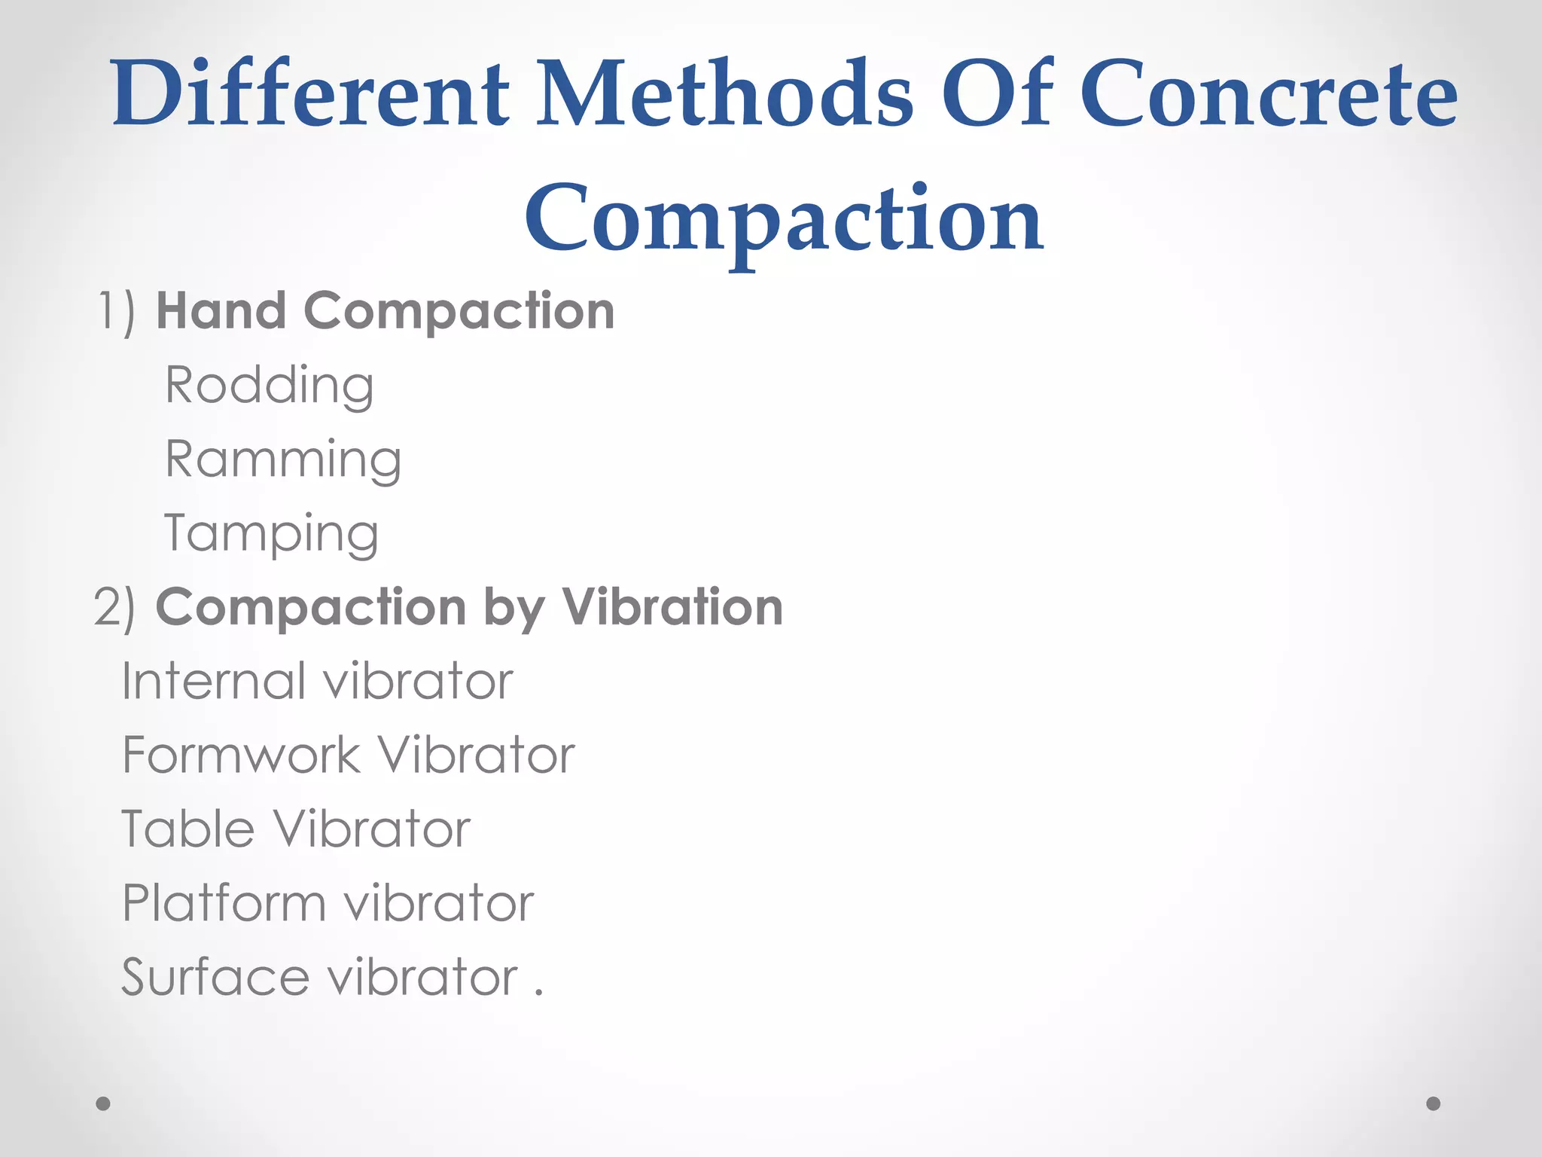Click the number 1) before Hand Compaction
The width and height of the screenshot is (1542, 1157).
click(117, 311)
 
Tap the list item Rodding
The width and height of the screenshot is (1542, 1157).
click(270, 386)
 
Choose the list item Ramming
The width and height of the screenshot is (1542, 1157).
click(283, 459)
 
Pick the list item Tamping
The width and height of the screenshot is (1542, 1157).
click(271, 533)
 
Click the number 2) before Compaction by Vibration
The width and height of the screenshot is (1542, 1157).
click(115, 607)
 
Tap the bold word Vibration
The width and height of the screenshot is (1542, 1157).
click(672, 606)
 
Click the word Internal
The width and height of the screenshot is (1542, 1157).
click(213, 681)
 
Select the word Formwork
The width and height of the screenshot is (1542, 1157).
click(241, 755)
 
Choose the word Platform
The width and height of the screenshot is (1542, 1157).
click(224, 903)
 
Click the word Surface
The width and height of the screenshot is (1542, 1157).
click(215, 977)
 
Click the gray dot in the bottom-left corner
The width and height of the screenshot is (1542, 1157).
click(103, 1104)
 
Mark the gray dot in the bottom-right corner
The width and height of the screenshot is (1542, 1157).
click(1434, 1104)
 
